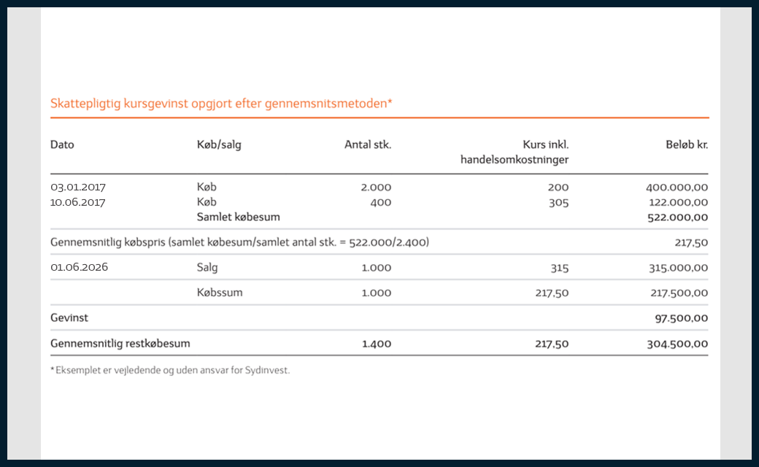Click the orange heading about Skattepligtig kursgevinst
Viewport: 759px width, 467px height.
coord(221,104)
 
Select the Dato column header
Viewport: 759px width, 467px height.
coord(62,144)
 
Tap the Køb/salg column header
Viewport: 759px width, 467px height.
coord(219,144)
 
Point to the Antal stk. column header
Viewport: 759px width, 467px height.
coord(368,144)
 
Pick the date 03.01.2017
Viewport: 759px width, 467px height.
coord(78,188)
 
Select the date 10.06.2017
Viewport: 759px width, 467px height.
coord(78,202)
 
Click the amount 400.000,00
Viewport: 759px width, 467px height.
coord(677,188)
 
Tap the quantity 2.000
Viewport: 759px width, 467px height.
coord(376,188)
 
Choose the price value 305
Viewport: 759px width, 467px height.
coord(558,202)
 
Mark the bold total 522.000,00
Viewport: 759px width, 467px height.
coord(677,217)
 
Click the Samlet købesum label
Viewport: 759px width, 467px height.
coord(239,217)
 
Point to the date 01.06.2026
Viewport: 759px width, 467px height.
coord(79,267)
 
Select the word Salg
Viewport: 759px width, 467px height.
coord(207,267)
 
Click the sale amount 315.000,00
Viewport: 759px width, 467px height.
coord(677,268)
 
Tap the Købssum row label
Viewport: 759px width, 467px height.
coord(220,293)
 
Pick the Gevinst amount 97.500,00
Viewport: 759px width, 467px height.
coord(682,318)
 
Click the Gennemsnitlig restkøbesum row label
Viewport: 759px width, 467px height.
coord(120,343)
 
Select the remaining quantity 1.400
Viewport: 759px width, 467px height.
coord(377,343)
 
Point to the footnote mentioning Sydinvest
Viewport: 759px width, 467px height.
coord(170,370)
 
